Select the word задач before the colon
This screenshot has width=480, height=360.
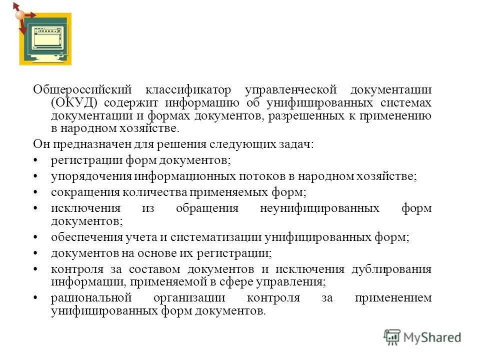(x=297, y=144)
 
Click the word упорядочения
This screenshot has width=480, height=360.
(x=91, y=176)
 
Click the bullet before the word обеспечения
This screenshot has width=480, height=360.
(x=36, y=237)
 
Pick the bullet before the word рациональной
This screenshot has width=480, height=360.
(x=36, y=298)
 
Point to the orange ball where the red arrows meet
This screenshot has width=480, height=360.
(x=20, y=15)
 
